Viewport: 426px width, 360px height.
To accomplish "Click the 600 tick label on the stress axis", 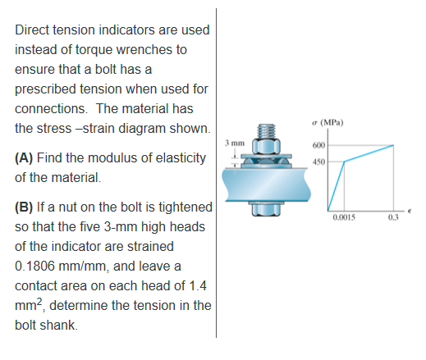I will pos(318,145).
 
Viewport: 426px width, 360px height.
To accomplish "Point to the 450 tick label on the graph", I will pos(318,161).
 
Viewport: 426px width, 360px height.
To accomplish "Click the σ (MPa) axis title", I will pos(327,124).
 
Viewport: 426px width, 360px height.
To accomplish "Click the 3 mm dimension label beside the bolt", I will pos(233,144).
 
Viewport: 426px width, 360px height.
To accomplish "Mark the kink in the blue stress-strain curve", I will pos(344,161).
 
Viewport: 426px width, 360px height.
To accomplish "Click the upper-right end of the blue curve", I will pos(394,145).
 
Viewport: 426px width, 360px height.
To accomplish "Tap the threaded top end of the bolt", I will pos(264,130).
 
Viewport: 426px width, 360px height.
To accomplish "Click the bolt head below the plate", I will pos(264,212).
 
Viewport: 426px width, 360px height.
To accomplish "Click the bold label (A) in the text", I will pos(25,157).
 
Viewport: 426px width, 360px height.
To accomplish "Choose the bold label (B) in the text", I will pos(25,205).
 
